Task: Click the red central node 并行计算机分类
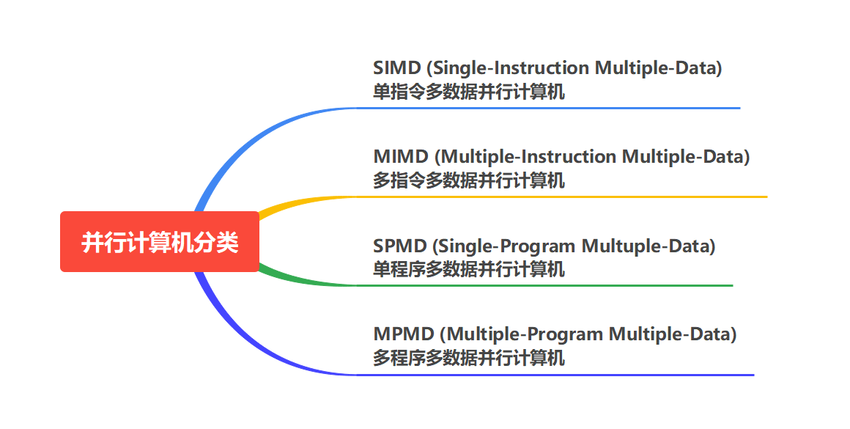160,242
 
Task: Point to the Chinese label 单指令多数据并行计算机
469,92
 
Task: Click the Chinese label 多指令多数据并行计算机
469,181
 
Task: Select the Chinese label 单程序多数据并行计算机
469,270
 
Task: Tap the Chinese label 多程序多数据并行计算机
469,359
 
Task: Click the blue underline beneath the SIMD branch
550,108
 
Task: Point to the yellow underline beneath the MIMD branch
564,197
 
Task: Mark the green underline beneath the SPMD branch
546,285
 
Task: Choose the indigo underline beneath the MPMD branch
557,375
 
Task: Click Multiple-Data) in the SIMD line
659,68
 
